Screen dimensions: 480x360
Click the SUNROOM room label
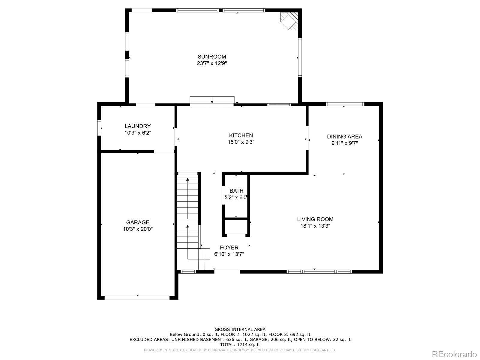pos(212,57)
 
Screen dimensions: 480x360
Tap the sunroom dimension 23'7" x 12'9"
pos(212,63)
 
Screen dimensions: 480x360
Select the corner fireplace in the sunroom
pos(289,21)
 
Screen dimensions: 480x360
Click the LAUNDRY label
pos(137,126)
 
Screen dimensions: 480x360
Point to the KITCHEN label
pos(241,135)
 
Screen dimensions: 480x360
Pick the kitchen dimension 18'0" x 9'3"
pos(241,142)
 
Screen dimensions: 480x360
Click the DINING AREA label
pos(344,136)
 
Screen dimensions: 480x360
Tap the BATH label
pos(236,191)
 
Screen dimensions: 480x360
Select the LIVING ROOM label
pos(315,219)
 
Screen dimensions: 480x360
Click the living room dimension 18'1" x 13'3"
pos(315,226)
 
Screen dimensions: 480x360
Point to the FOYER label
pos(229,247)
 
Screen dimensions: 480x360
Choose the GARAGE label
pos(137,222)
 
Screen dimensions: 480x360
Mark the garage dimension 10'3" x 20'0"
pos(137,229)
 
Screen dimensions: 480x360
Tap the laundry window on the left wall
pos(99,128)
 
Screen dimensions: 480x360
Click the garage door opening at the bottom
pos(137,298)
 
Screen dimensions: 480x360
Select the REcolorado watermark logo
pos(454,354)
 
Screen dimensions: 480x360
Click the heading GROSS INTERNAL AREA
pos(240,329)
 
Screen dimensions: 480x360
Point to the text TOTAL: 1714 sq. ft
pos(240,345)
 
